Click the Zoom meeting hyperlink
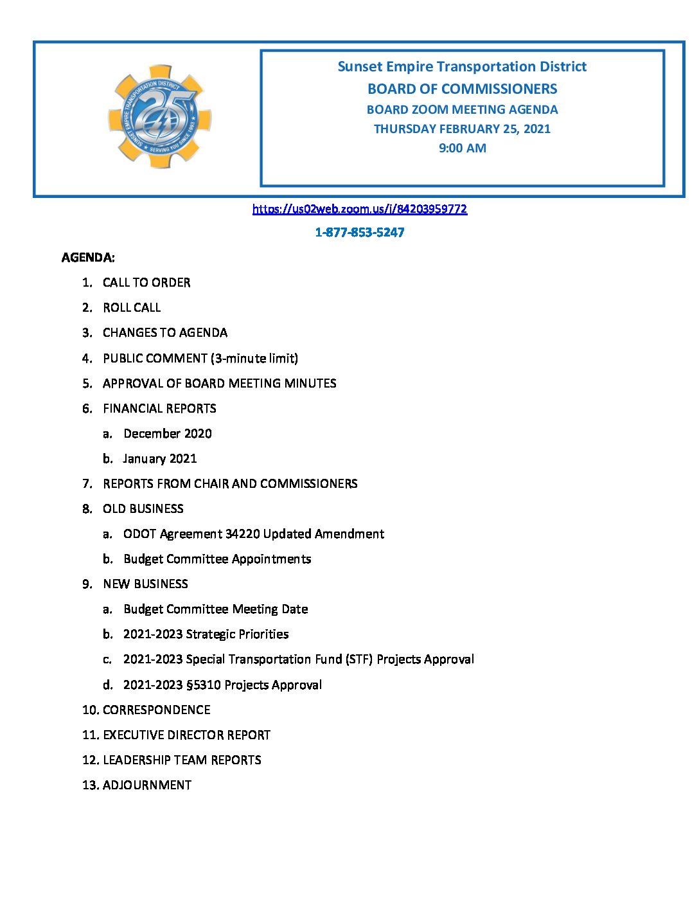pos(359,209)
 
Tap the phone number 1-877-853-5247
pos(359,233)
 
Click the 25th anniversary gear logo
pos(160,116)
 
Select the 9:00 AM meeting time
pos(462,148)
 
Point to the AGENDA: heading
pos(88,258)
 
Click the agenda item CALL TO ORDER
pos(146,283)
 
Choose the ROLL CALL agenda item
pos(132,308)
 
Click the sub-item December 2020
pos(168,434)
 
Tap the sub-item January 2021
pos(160,459)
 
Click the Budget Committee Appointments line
pos(217,559)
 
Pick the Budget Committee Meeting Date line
pos(216,609)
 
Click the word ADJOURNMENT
pos(147,785)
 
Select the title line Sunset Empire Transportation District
pos(462,67)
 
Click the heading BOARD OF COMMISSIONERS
pos(462,89)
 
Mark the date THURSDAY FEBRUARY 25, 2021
pos(462,129)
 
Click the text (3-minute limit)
pos(254,359)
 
